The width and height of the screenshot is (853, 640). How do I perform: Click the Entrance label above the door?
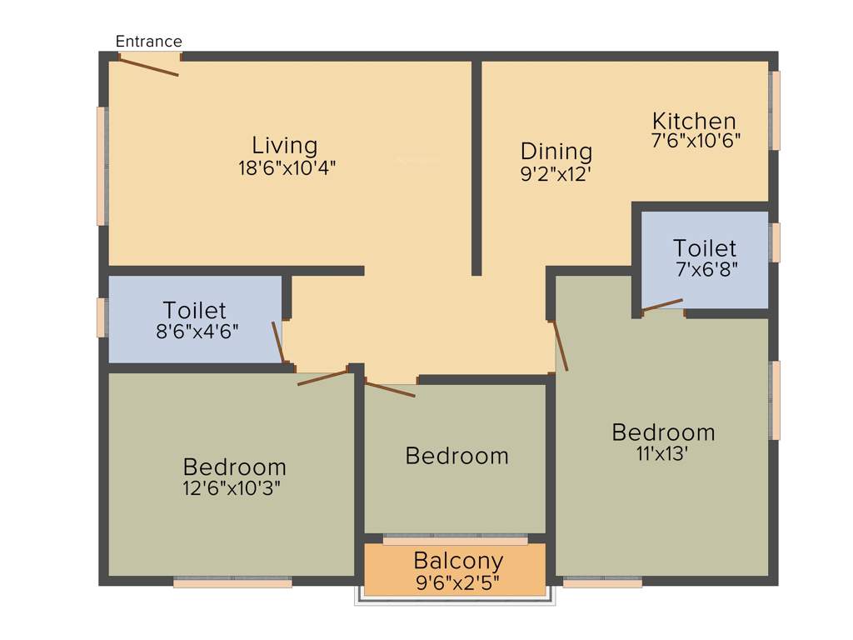pos(148,42)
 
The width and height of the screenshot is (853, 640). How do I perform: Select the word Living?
pos(286,145)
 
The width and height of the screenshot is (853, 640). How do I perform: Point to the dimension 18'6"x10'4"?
pos(287,167)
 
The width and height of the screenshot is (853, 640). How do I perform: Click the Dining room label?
pos(556,152)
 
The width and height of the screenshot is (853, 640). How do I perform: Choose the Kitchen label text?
pos(694,121)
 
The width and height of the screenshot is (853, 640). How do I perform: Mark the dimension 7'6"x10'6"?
pos(696,140)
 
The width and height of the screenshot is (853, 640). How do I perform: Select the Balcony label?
pos(458,560)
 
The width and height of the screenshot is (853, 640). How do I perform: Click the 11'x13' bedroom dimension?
pos(663,454)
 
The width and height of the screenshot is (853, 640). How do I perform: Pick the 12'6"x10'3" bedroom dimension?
pos(234,488)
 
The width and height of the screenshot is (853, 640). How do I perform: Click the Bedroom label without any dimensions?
pos(456,456)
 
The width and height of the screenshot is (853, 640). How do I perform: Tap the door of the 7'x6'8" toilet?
pos(662,305)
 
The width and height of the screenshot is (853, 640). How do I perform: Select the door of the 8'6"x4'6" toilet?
pos(277,342)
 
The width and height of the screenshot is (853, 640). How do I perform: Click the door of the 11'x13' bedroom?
pos(561,345)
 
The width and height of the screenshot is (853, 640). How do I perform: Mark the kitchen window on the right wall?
pos(775,110)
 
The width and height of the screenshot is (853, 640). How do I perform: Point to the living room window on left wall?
pos(102,166)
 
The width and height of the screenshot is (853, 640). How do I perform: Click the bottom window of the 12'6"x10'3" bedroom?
pos(232,583)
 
